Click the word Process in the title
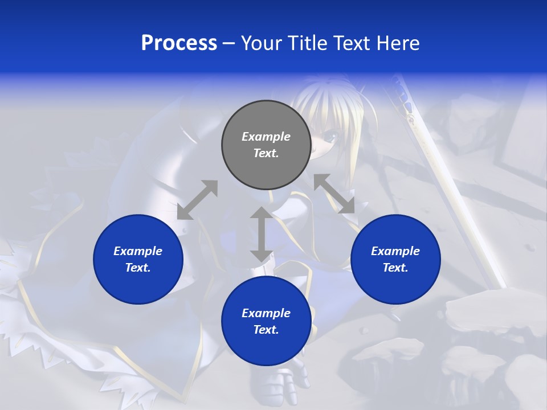tap(179, 43)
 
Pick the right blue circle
tap(395, 285)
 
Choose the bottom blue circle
tap(266, 347)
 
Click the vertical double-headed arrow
tap(262, 234)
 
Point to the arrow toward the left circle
tap(197, 200)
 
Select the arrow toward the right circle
tap(334, 194)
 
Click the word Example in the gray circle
tap(266, 137)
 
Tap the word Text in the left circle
tap(138, 268)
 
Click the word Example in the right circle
tap(395, 251)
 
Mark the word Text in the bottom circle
tap(266, 330)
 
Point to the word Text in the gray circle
tap(266, 153)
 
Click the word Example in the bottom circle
tap(266, 313)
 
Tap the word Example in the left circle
tap(138, 251)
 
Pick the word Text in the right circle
tap(395, 268)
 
